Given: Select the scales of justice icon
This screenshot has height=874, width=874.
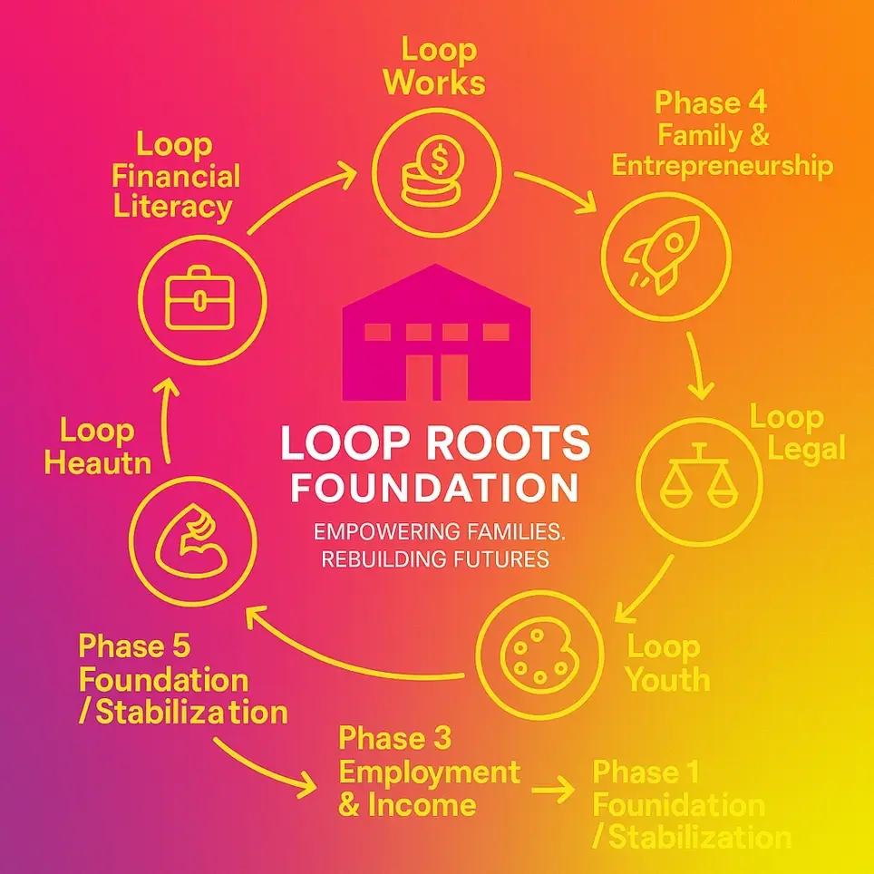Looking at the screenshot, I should pyautogui.click(x=697, y=476).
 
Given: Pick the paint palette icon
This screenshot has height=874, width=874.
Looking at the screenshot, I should pyautogui.click(x=539, y=649).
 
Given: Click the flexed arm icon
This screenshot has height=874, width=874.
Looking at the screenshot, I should pyautogui.click(x=188, y=545).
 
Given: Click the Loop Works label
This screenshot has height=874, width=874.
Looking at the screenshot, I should pyautogui.click(x=433, y=65).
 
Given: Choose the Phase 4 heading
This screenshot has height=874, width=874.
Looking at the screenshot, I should pyautogui.click(x=711, y=102).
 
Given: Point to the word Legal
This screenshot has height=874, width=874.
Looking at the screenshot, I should pyautogui.click(x=799, y=448).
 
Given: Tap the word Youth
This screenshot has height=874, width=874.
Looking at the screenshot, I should pyautogui.click(x=667, y=679).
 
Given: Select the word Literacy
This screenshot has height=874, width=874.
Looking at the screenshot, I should pyautogui.click(x=172, y=206).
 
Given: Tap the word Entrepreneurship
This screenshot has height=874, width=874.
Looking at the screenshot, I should pyautogui.click(x=722, y=166).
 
